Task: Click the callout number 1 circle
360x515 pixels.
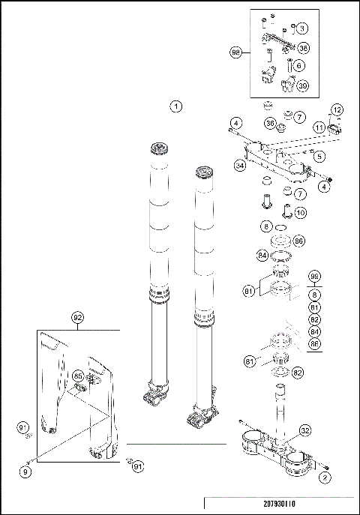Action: pyautogui.click(x=175, y=106)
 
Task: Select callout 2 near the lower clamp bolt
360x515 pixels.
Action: pyautogui.click(x=325, y=476)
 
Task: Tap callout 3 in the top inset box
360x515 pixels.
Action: pyautogui.click(x=301, y=28)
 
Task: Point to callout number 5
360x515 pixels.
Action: pyautogui.click(x=319, y=157)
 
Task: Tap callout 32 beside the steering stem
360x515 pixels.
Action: pyautogui.click(x=304, y=430)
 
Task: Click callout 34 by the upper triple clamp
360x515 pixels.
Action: pyautogui.click(x=240, y=165)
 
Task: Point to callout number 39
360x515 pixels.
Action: pyautogui.click(x=303, y=85)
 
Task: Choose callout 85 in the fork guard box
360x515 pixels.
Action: pyautogui.click(x=79, y=376)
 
